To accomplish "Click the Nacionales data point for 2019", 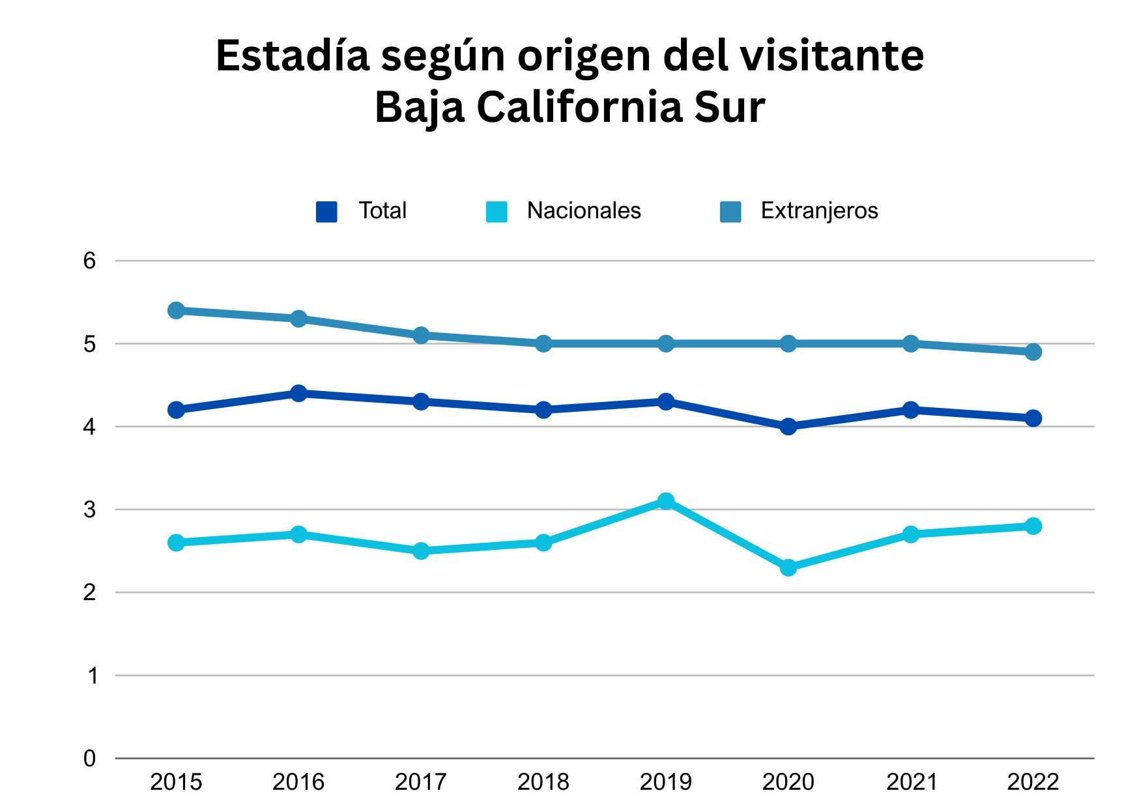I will coord(666,501).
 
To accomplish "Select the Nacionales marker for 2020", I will coord(788,568).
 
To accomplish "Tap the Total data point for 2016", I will coord(298,393).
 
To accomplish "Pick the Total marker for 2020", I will coord(788,426).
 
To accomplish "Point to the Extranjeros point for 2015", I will coord(176,310).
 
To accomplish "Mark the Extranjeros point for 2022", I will coord(1033,352).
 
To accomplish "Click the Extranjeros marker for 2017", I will coord(421,335).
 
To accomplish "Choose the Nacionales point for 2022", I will coord(1033,526).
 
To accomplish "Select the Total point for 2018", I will coord(543,410).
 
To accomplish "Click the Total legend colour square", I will coord(326,212).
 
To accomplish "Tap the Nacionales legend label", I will coord(584,211).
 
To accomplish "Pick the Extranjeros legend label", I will coord(819,211).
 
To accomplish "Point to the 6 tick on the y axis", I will coord(89,261).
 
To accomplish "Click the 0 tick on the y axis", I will coord(89,758).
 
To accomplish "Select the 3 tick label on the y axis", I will coord(89,510).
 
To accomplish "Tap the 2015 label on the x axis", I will coord(176,782).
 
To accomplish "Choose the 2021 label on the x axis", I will coord(911,782).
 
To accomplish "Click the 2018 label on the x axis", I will coord(543,782).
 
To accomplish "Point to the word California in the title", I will coord(579,107).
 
